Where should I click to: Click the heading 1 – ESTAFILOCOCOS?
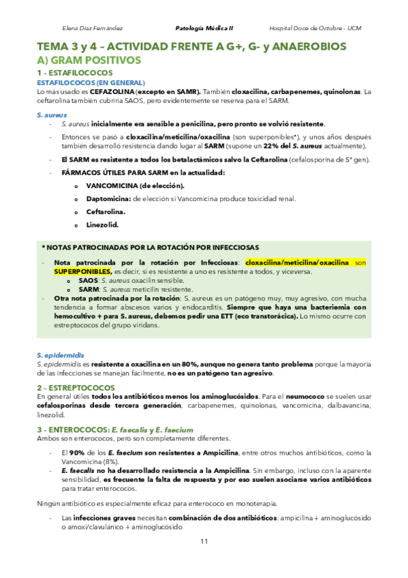pyautogui.click(x=75, y=72)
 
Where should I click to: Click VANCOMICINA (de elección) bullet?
pyautogui.click(x=135, y=185)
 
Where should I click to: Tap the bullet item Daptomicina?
pyautogui.click(x=109, y=198)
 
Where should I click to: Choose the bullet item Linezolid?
pyautogui.click(x=102, y=224)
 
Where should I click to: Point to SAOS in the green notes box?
pyautogui.click(x=89, y=280)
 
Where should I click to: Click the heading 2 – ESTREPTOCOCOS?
pyautogui.click(x=76, y=387)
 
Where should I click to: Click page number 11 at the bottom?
pyautogui.click(x=204, y=541)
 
